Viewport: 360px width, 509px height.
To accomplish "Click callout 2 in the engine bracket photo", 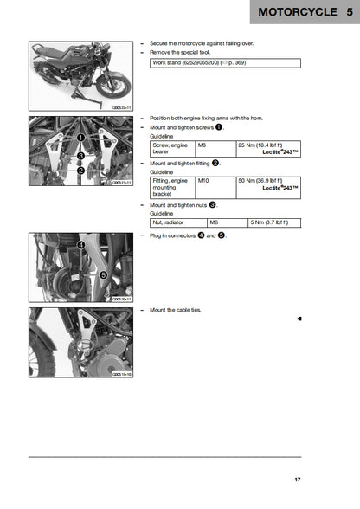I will [x=80, y=171].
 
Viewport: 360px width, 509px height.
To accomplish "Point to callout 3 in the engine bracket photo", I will [x=80, y=155].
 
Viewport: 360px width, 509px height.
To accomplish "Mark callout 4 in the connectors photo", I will [x=80, y=245].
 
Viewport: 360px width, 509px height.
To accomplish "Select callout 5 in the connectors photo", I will [x=102, y=274].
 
